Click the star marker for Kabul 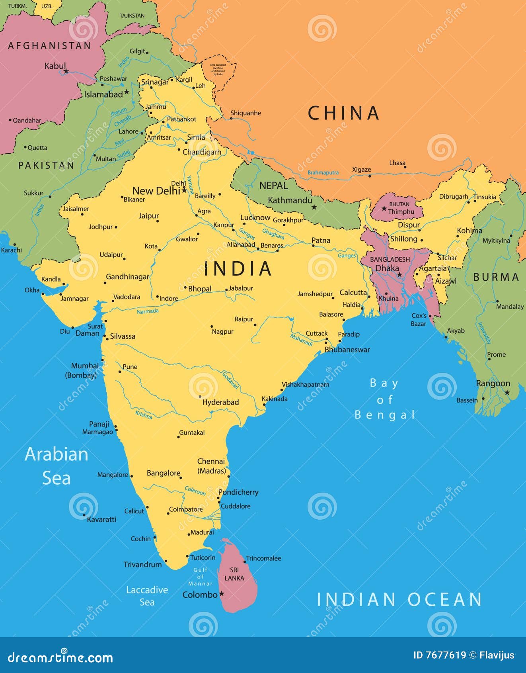[x=66, y=71]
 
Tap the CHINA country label [x=343, y=113]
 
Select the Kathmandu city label [x=290, y=200]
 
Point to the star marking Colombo [x=222, y=594]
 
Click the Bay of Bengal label [x=385, y=399]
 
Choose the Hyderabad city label [x=220, y=402]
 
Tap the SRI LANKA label [x=234, y=574]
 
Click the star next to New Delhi [x=184, y=191]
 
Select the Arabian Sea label [x=56, y=466]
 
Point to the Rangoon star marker [x=507, y=393]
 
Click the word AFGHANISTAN [x=49, y=46]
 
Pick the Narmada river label [x=148, y=311]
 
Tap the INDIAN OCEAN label [x=399, y=599]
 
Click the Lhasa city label [x=397, y=163]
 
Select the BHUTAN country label [x=399, y=204]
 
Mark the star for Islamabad [x=127, y=92]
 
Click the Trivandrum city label [x=142, y=564]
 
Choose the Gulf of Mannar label [x=200, y=577]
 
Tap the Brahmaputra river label [x=323, y=172]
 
